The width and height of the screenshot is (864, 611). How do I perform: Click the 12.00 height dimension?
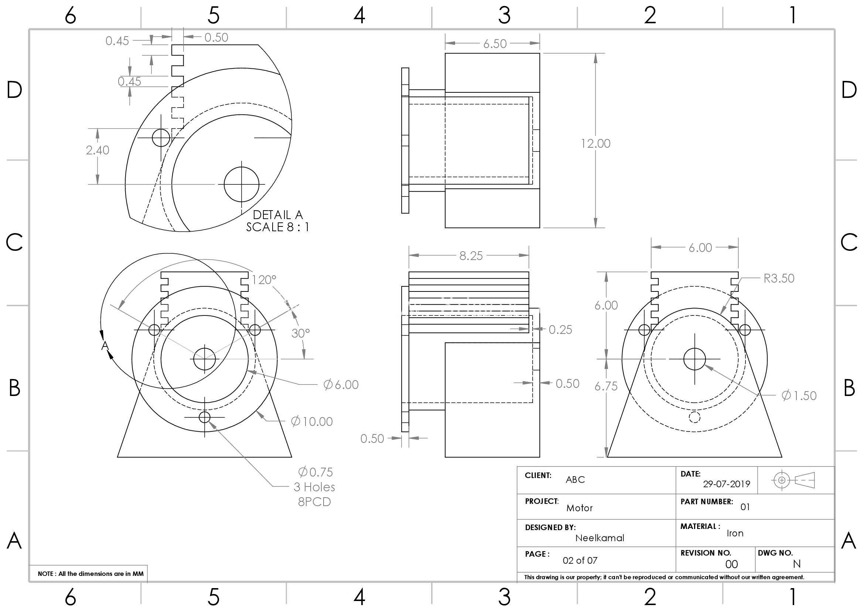pos(596,143)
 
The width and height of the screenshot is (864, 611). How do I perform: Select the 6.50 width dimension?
pos(495,44)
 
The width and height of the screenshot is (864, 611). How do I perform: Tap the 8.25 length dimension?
pos(471,256)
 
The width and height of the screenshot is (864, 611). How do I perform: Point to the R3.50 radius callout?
pos(779,279)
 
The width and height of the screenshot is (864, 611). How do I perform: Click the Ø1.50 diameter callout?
pos(799,395)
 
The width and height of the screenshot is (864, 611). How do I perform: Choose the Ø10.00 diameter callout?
pos(312,421)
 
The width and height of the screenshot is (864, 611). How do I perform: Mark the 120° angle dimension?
pos(263,280)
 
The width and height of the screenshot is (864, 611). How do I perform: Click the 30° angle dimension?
pos(300,333)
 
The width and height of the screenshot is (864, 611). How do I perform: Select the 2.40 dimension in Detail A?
pos(98,150)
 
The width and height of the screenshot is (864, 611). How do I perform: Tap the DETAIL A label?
pos(278,215)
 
